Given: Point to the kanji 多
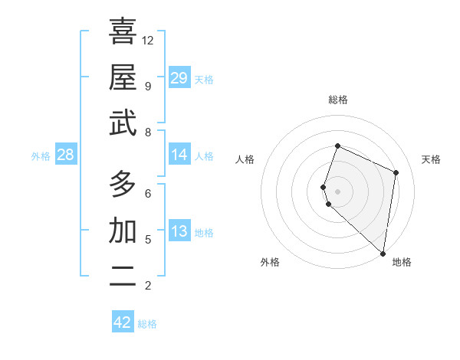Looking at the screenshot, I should coord(123,184).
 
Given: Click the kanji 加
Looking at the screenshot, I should coord(123,231).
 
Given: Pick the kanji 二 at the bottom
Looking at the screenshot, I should coord(123,277).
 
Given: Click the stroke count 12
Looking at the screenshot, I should coord(148,40).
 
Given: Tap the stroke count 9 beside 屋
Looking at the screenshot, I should coord(147,86).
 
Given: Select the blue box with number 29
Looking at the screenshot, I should coord(179,78).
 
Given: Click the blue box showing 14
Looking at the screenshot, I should coord(179,155).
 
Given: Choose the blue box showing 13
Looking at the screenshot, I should coord(179,232).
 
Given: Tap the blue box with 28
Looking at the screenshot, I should coord(65,155).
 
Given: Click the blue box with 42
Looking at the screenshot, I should coord(123,322).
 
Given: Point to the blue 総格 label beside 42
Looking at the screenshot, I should coord(147,324).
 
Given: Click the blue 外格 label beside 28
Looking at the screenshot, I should coord(41,156).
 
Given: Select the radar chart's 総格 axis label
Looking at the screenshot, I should coord(337,100).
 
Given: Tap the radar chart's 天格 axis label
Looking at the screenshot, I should coord(431,159).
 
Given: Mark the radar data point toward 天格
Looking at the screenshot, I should coord(396,172).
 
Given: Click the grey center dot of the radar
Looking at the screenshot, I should coord(337,190).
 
